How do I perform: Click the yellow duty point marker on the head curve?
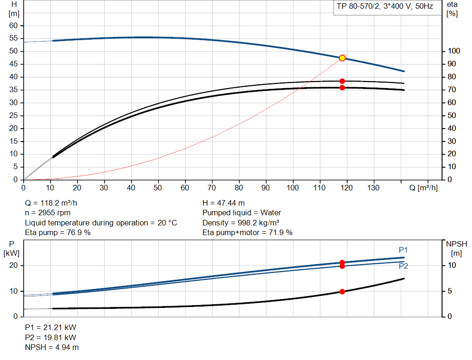point(342,58)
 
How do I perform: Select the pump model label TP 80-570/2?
point(358,6)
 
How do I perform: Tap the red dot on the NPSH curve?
point(342,292)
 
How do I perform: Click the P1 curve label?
point(403,250)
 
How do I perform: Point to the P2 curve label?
point(403,266)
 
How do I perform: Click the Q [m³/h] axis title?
point(423,188)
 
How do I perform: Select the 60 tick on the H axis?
point(13,26)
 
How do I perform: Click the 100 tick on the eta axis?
point(454,51)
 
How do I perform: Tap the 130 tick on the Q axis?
point(373,188)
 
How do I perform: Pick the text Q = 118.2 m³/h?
point(51,203)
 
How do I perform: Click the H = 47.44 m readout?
point(224,203)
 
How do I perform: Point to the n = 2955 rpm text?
point(47,213)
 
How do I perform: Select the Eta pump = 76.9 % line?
point(58,232)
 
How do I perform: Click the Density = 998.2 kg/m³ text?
point(241,223)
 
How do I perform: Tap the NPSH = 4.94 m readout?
point(52,348)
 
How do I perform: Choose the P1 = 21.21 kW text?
point(51,327)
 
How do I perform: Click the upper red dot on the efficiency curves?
point(342,81)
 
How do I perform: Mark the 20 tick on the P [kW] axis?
point(13,266)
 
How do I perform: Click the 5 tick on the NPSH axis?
point(450,291)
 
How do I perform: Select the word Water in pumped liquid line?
point(271,213)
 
